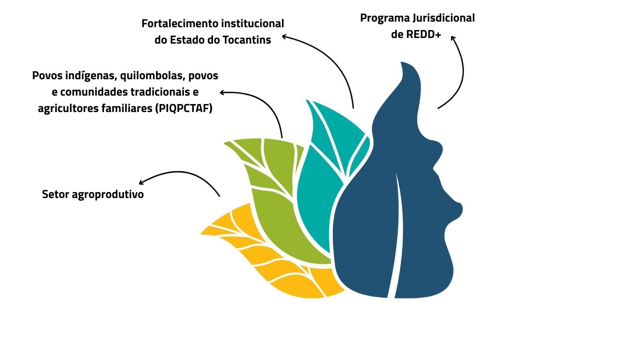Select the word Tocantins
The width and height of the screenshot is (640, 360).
click(x=247, y=40)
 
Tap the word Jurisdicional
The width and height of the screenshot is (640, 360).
click(x=444, y=18)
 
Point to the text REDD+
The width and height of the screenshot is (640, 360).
click(x=424, y=34)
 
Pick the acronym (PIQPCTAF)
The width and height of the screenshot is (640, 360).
click(x=184, y=108)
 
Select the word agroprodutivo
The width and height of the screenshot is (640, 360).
click(x=108, y=194)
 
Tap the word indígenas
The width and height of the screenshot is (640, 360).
click(x=91, y=76)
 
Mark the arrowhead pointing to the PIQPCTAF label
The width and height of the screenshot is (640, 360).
click(x=222, y=92)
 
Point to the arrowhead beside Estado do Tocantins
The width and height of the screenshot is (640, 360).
click(x=284, y=36)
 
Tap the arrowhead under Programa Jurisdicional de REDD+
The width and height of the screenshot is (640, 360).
click(x=453, y=38)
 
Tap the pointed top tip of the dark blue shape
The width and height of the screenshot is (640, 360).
click(x=402, y=62)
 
